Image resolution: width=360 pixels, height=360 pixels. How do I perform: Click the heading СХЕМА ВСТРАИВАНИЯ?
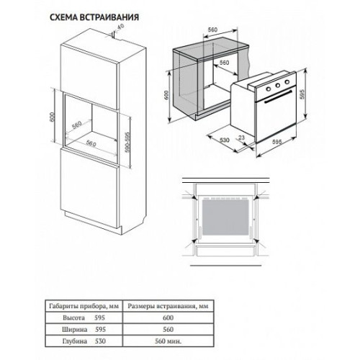click(94, 17)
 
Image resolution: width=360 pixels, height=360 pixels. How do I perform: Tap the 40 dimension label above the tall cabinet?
click(121, 27)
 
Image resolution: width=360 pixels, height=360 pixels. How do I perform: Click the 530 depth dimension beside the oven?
click(225, 140)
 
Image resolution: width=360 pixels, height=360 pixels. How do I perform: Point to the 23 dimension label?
click(242, 138)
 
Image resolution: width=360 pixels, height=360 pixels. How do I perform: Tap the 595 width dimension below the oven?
click(276, 142)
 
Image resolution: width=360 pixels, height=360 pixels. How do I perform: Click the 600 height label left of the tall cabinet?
click(53, 117)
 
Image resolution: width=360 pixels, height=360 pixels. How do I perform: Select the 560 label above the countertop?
click(212, 30)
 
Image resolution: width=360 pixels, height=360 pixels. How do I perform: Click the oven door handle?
click(278, 96)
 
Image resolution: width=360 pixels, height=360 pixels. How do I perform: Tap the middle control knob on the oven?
click(278, 85)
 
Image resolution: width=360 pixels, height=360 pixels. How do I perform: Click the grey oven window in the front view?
click(225, 217)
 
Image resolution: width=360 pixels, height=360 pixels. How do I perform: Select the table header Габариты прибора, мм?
click(84, 306)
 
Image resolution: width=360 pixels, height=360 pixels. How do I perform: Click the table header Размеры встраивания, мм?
click(168, 306)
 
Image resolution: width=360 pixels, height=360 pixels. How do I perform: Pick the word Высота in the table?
click(73, 318)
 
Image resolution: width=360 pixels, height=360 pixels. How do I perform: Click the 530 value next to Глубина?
click(100, 341)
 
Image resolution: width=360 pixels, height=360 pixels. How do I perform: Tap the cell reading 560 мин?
click(168, 341)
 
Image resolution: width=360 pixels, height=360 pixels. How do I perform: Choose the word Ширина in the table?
click(75, 330)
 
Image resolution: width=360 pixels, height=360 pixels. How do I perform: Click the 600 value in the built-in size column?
click(168, 318)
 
